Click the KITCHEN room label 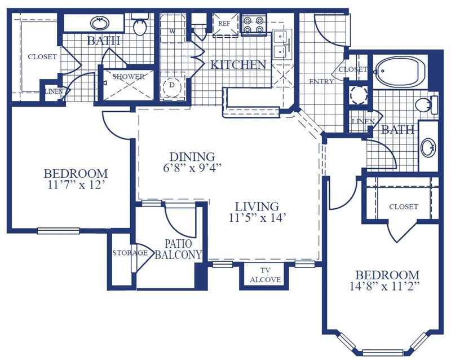pyautogui.click(x=238, y=65)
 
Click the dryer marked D pyautogui.click(x=172, y=86)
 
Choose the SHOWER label pyautogui.click(x=129, y=77)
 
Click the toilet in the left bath pyautogui.click(x=140, y=25)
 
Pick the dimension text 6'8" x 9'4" pyautogui.click(x=192, y=168)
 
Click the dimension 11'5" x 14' pyautogui.click(x=257, y=217)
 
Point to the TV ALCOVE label pyautogui.click(x=265, y=275)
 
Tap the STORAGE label pyautogui.click(x=130, y=253)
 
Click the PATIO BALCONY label pyautogui.click(x=178, y=249)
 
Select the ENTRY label pyautogui.click(x=321, y=81)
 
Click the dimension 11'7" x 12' pyautogui.click(x=76, y=185)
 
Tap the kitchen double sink pyautogui.click(x=281, y=45)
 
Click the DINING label pyautogui.click(x=192, y=157)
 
